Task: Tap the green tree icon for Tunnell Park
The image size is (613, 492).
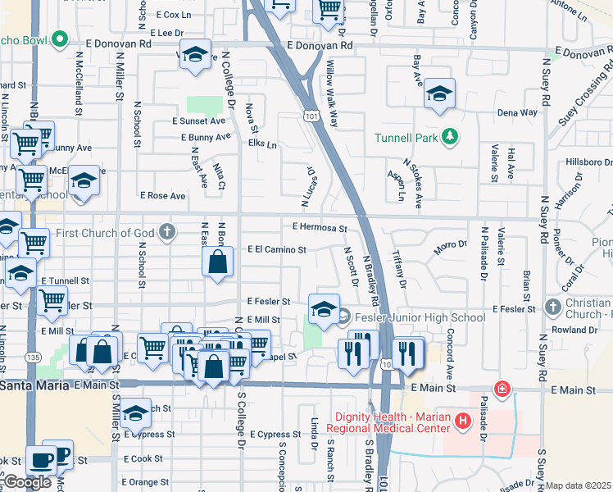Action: (x=449, y=136)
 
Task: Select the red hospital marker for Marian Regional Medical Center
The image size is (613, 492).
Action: (x=463, y=421)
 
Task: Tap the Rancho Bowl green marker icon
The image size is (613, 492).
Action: (x=59, y=39)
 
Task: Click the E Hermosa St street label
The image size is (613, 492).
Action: (x=320, y=229)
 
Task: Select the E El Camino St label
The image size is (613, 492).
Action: (x=277, y=250)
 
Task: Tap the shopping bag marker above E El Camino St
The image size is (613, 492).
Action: (x=218, y=263)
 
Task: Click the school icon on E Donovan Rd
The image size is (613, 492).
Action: (x=194, y=54)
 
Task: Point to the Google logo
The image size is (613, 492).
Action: (x=27, y=482)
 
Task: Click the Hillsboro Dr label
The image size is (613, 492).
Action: (x=583, y=162)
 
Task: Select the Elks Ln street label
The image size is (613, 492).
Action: (x=262, y=144)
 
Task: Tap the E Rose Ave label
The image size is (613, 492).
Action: (x=162, y=196)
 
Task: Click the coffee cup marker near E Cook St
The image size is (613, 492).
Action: (x=41, y=461)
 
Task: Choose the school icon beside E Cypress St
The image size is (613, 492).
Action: (x=136, y=415)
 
